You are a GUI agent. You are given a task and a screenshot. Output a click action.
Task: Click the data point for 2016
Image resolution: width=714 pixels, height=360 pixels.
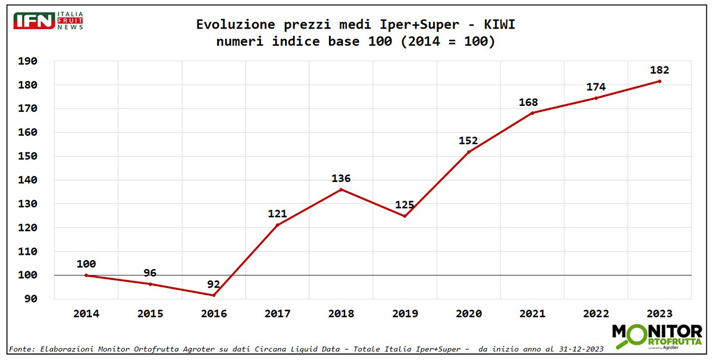[x=214, y=295]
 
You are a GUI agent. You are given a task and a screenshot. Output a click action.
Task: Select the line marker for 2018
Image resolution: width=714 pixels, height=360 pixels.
[x=341, y=189]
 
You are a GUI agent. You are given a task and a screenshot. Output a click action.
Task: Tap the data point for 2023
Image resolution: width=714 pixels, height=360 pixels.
[x=659, y=82]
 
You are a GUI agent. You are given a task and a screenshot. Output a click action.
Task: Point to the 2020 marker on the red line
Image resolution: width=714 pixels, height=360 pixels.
[x=468, y=152]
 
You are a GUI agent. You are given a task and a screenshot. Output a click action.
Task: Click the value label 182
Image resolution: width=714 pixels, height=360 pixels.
[x=659, y=70]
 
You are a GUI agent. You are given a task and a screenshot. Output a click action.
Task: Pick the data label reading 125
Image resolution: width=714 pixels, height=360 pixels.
[x=405, y=205]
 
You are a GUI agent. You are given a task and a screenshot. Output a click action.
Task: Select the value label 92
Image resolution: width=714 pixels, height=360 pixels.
[x=214, y=284]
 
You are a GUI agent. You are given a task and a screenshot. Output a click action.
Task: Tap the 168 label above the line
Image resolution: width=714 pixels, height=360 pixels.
[x=528, y=102]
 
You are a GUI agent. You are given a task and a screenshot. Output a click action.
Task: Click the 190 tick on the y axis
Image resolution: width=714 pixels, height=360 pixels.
[x=28, y=61]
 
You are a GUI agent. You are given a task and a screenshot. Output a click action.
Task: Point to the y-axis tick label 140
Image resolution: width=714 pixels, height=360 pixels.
[x=28, y=180]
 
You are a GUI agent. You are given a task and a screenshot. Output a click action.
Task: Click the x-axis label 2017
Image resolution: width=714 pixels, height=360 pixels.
[x=277, y=314]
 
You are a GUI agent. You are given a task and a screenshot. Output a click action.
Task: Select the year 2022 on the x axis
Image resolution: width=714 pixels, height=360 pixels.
[x=596, y=314]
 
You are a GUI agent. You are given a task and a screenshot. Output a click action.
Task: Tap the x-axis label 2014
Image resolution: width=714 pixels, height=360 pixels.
[x=86, y=314]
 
